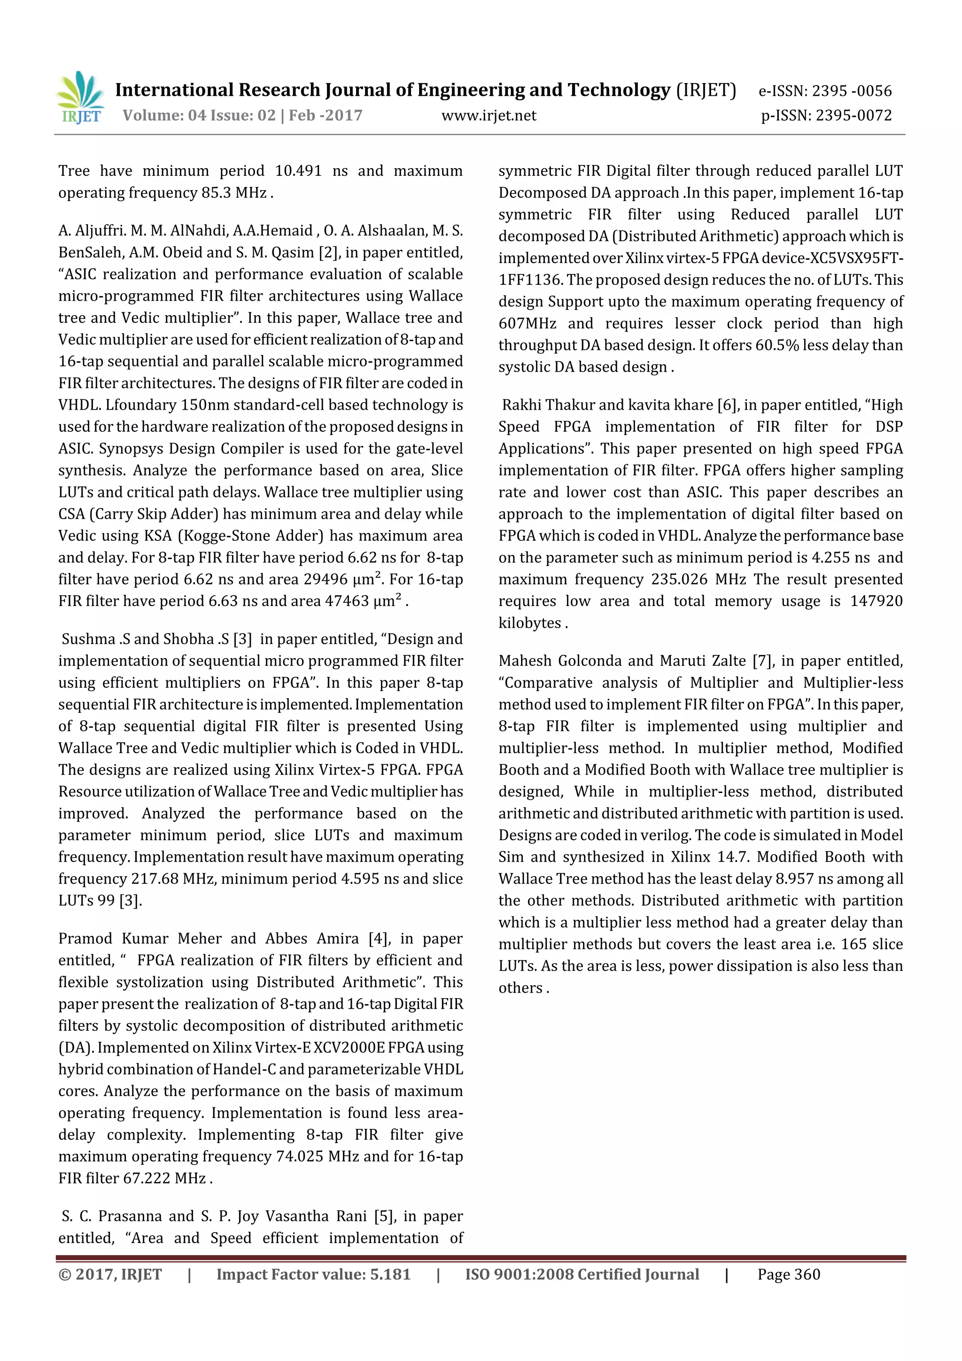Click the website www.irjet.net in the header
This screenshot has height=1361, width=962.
489,116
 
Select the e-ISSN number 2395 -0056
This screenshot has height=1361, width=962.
851,91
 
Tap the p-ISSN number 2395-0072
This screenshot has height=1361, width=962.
853,116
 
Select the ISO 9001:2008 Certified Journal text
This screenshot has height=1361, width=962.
582,1274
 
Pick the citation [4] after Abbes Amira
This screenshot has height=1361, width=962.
379,938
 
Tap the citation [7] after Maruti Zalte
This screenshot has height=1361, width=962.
763,661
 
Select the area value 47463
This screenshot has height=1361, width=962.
347,601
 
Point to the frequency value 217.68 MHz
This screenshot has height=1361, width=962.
176,879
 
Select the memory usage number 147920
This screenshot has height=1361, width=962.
876,601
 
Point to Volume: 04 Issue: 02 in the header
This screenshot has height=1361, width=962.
200,116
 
